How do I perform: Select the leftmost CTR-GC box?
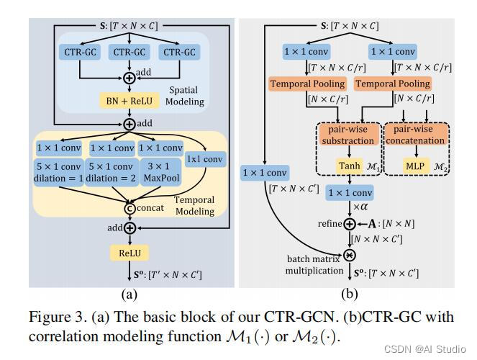click(78, 52)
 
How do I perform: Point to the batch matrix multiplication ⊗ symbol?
click(350, 256)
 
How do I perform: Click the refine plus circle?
click(350, 224)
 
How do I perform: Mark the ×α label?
click(358, 207)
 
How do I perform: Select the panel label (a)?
click(130, 294)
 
